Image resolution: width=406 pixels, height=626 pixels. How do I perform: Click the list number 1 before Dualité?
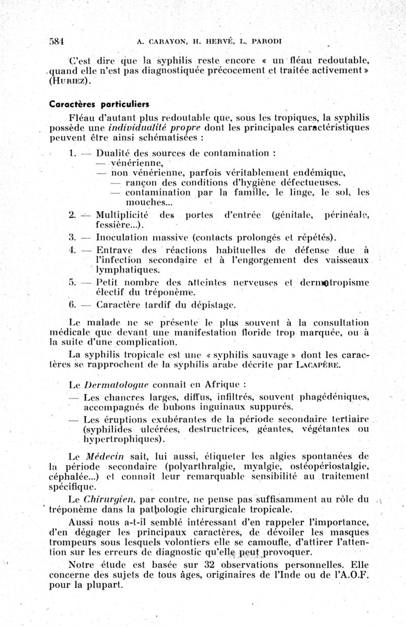72,152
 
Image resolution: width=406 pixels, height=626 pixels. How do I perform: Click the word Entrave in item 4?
114,249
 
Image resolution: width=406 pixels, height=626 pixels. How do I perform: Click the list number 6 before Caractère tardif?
72,305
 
